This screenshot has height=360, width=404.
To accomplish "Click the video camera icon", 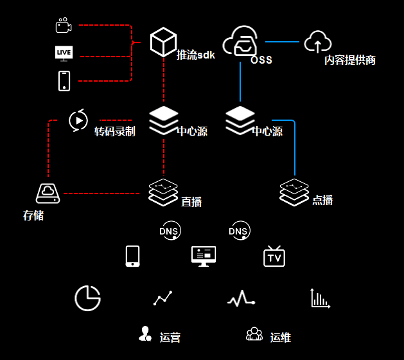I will [63, 26].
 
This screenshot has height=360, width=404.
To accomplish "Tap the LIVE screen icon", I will [64, 53].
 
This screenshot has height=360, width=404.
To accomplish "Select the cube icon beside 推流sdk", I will [163, 42].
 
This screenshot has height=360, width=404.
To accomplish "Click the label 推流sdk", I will [196, 55].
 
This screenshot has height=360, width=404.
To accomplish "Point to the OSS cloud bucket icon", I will [240, 42].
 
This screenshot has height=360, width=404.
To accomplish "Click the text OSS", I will [261, 60].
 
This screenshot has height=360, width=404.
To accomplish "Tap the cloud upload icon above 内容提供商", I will [317, 42].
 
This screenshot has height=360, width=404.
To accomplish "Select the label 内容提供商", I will [349, 60].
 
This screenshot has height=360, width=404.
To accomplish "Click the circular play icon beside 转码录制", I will [78, 120].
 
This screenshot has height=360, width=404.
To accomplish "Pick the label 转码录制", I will [115, 132].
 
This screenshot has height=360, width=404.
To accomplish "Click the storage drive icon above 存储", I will [48, 192].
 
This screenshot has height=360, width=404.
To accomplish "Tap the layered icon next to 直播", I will [163, 192].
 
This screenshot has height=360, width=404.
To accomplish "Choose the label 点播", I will [322, 200].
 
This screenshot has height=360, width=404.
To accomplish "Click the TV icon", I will [274, 256].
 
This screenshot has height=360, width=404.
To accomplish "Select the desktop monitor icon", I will [204, 256].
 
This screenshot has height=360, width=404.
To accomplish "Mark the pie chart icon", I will [87, 298].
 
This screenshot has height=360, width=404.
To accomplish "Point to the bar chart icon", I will [320, 298].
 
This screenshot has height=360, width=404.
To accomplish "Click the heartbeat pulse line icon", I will [241, 298].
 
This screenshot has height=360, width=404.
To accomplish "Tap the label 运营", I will [170, 337].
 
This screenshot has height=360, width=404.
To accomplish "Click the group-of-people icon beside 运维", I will [254, 334].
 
